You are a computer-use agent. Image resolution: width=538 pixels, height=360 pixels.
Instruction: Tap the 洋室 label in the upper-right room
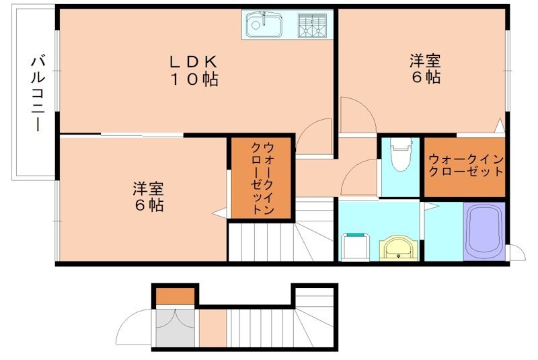(425, 61)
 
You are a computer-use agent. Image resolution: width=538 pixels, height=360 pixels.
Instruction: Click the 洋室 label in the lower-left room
(148, 189)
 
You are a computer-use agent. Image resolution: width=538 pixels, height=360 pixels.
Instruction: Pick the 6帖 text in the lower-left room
(148, 206)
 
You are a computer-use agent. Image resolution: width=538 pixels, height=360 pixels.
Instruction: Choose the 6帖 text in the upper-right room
(425, 77)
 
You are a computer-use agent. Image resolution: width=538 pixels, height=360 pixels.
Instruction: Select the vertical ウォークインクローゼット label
(262, 178)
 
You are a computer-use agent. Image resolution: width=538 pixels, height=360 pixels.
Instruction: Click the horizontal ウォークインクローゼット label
(465, 166)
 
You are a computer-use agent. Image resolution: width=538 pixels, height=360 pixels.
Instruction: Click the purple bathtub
(484, 231)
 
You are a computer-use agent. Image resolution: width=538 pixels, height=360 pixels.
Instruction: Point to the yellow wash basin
(401, 247)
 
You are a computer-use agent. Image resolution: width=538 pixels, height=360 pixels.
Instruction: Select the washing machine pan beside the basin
(356, 246)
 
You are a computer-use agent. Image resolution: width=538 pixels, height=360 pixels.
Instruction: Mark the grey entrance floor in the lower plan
(176, 327)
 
